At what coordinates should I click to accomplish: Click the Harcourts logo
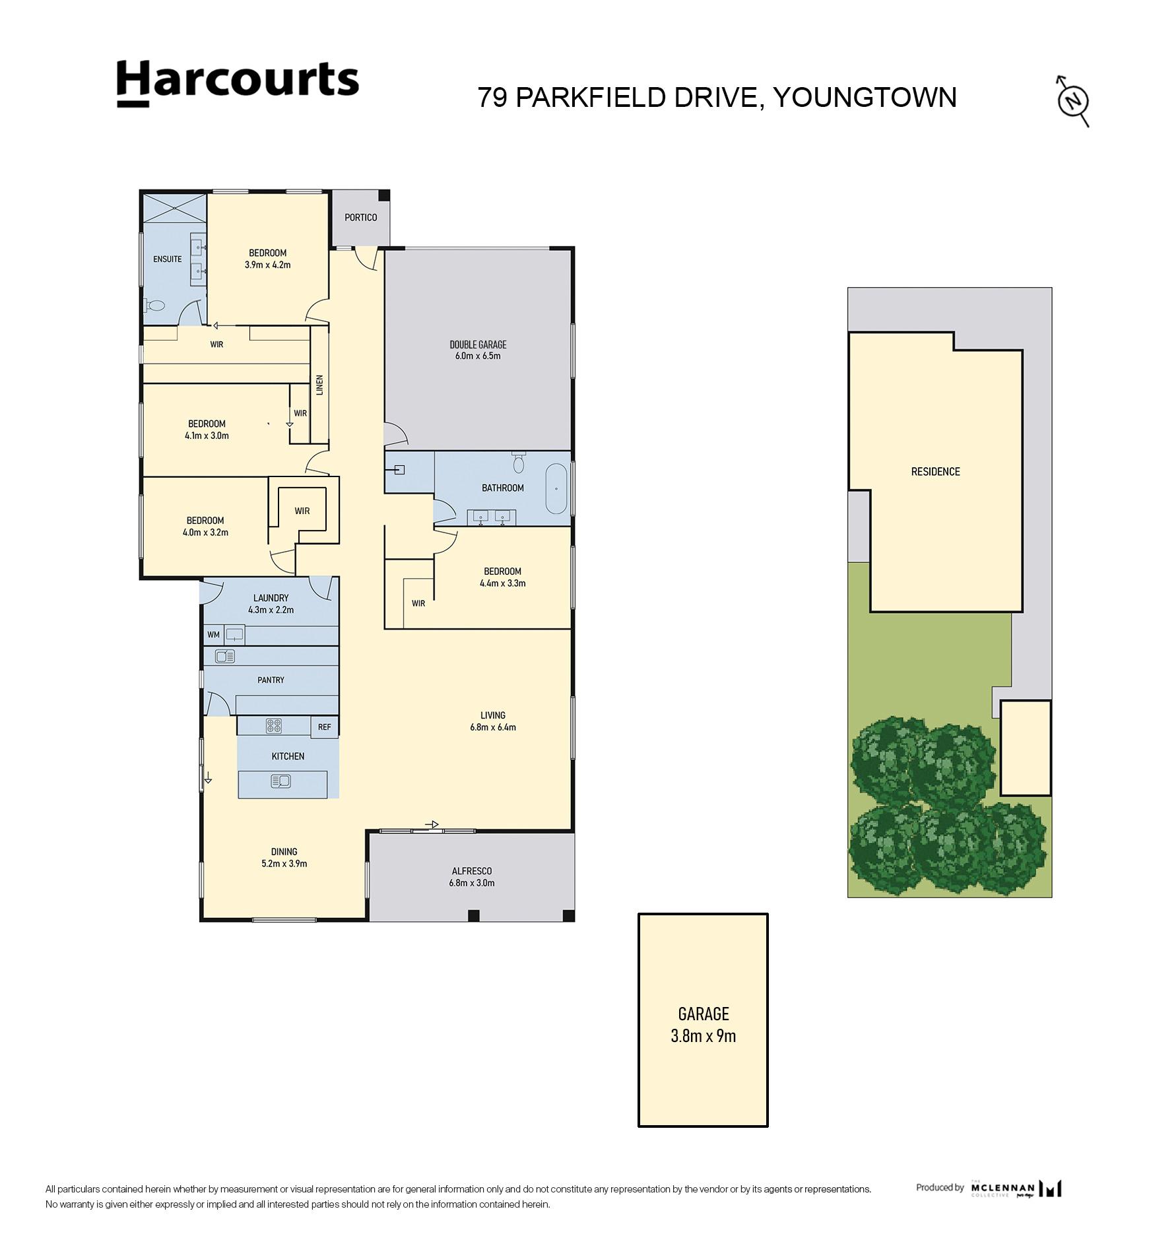coord(238,83)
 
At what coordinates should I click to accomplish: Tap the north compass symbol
coord(1072,101)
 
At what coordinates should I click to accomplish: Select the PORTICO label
coord(361,217)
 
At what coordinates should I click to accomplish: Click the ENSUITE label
coord(168,259)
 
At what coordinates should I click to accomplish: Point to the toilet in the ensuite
coord(154,306)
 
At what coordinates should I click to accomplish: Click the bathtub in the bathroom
coord(556,489)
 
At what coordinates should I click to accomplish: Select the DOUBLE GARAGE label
coord(478,344)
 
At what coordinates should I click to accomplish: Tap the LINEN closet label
coord(320,385)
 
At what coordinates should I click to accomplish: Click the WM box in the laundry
coord(213,635)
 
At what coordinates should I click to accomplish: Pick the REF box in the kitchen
coord(325,727)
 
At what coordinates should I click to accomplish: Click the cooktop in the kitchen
coord(274,726)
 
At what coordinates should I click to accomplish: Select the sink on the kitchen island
coord(280,781)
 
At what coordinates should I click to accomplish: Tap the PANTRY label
coord(271,680)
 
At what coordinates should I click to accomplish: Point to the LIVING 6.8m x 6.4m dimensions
coord(493,727)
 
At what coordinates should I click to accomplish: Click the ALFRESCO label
coord(472,871)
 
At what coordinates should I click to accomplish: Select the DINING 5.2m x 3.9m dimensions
coord(284,863)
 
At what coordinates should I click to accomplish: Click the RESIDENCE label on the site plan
coord(936,471)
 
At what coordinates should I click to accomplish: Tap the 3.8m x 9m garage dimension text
coord(704,1035)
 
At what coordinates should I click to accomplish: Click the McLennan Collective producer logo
coord(1016,1189)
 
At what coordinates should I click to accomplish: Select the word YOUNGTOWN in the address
coord(865,98)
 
